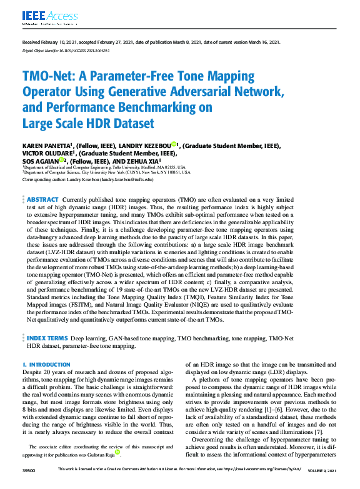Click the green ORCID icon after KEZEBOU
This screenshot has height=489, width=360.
pyautogui.click(x=173, y=144)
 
